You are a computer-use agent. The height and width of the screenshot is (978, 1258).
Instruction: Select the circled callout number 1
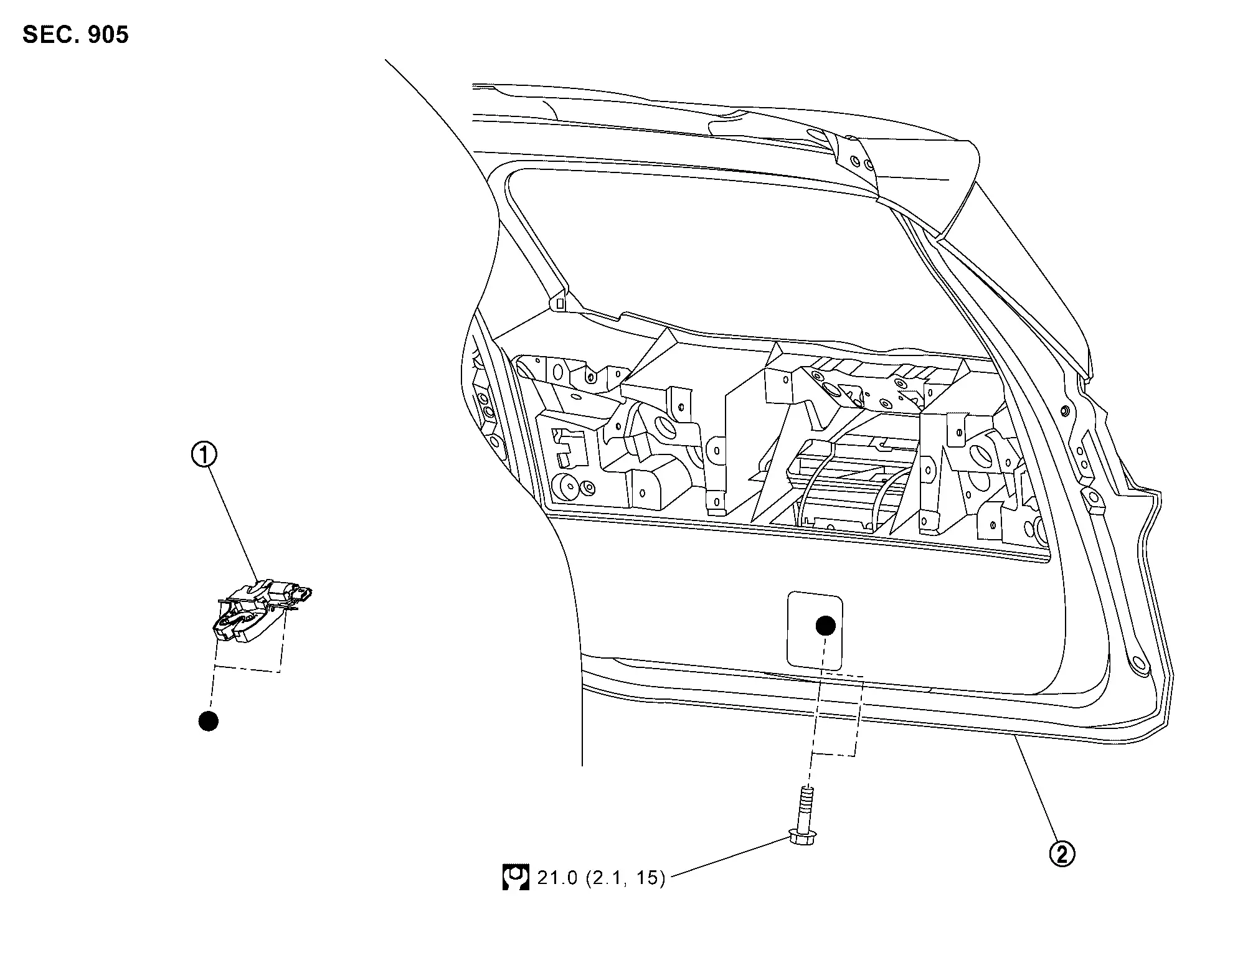coord(204,455)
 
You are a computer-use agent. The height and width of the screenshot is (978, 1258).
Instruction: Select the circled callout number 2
coord(1062,853)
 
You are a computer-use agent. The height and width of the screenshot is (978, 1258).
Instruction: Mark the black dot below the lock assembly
coord(208,721)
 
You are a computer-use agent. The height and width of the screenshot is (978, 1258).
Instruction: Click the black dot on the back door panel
coord(826,626)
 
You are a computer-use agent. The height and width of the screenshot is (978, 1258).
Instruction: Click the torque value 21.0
coord(557,878)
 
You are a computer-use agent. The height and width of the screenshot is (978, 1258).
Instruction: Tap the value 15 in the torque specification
coord(646,878)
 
